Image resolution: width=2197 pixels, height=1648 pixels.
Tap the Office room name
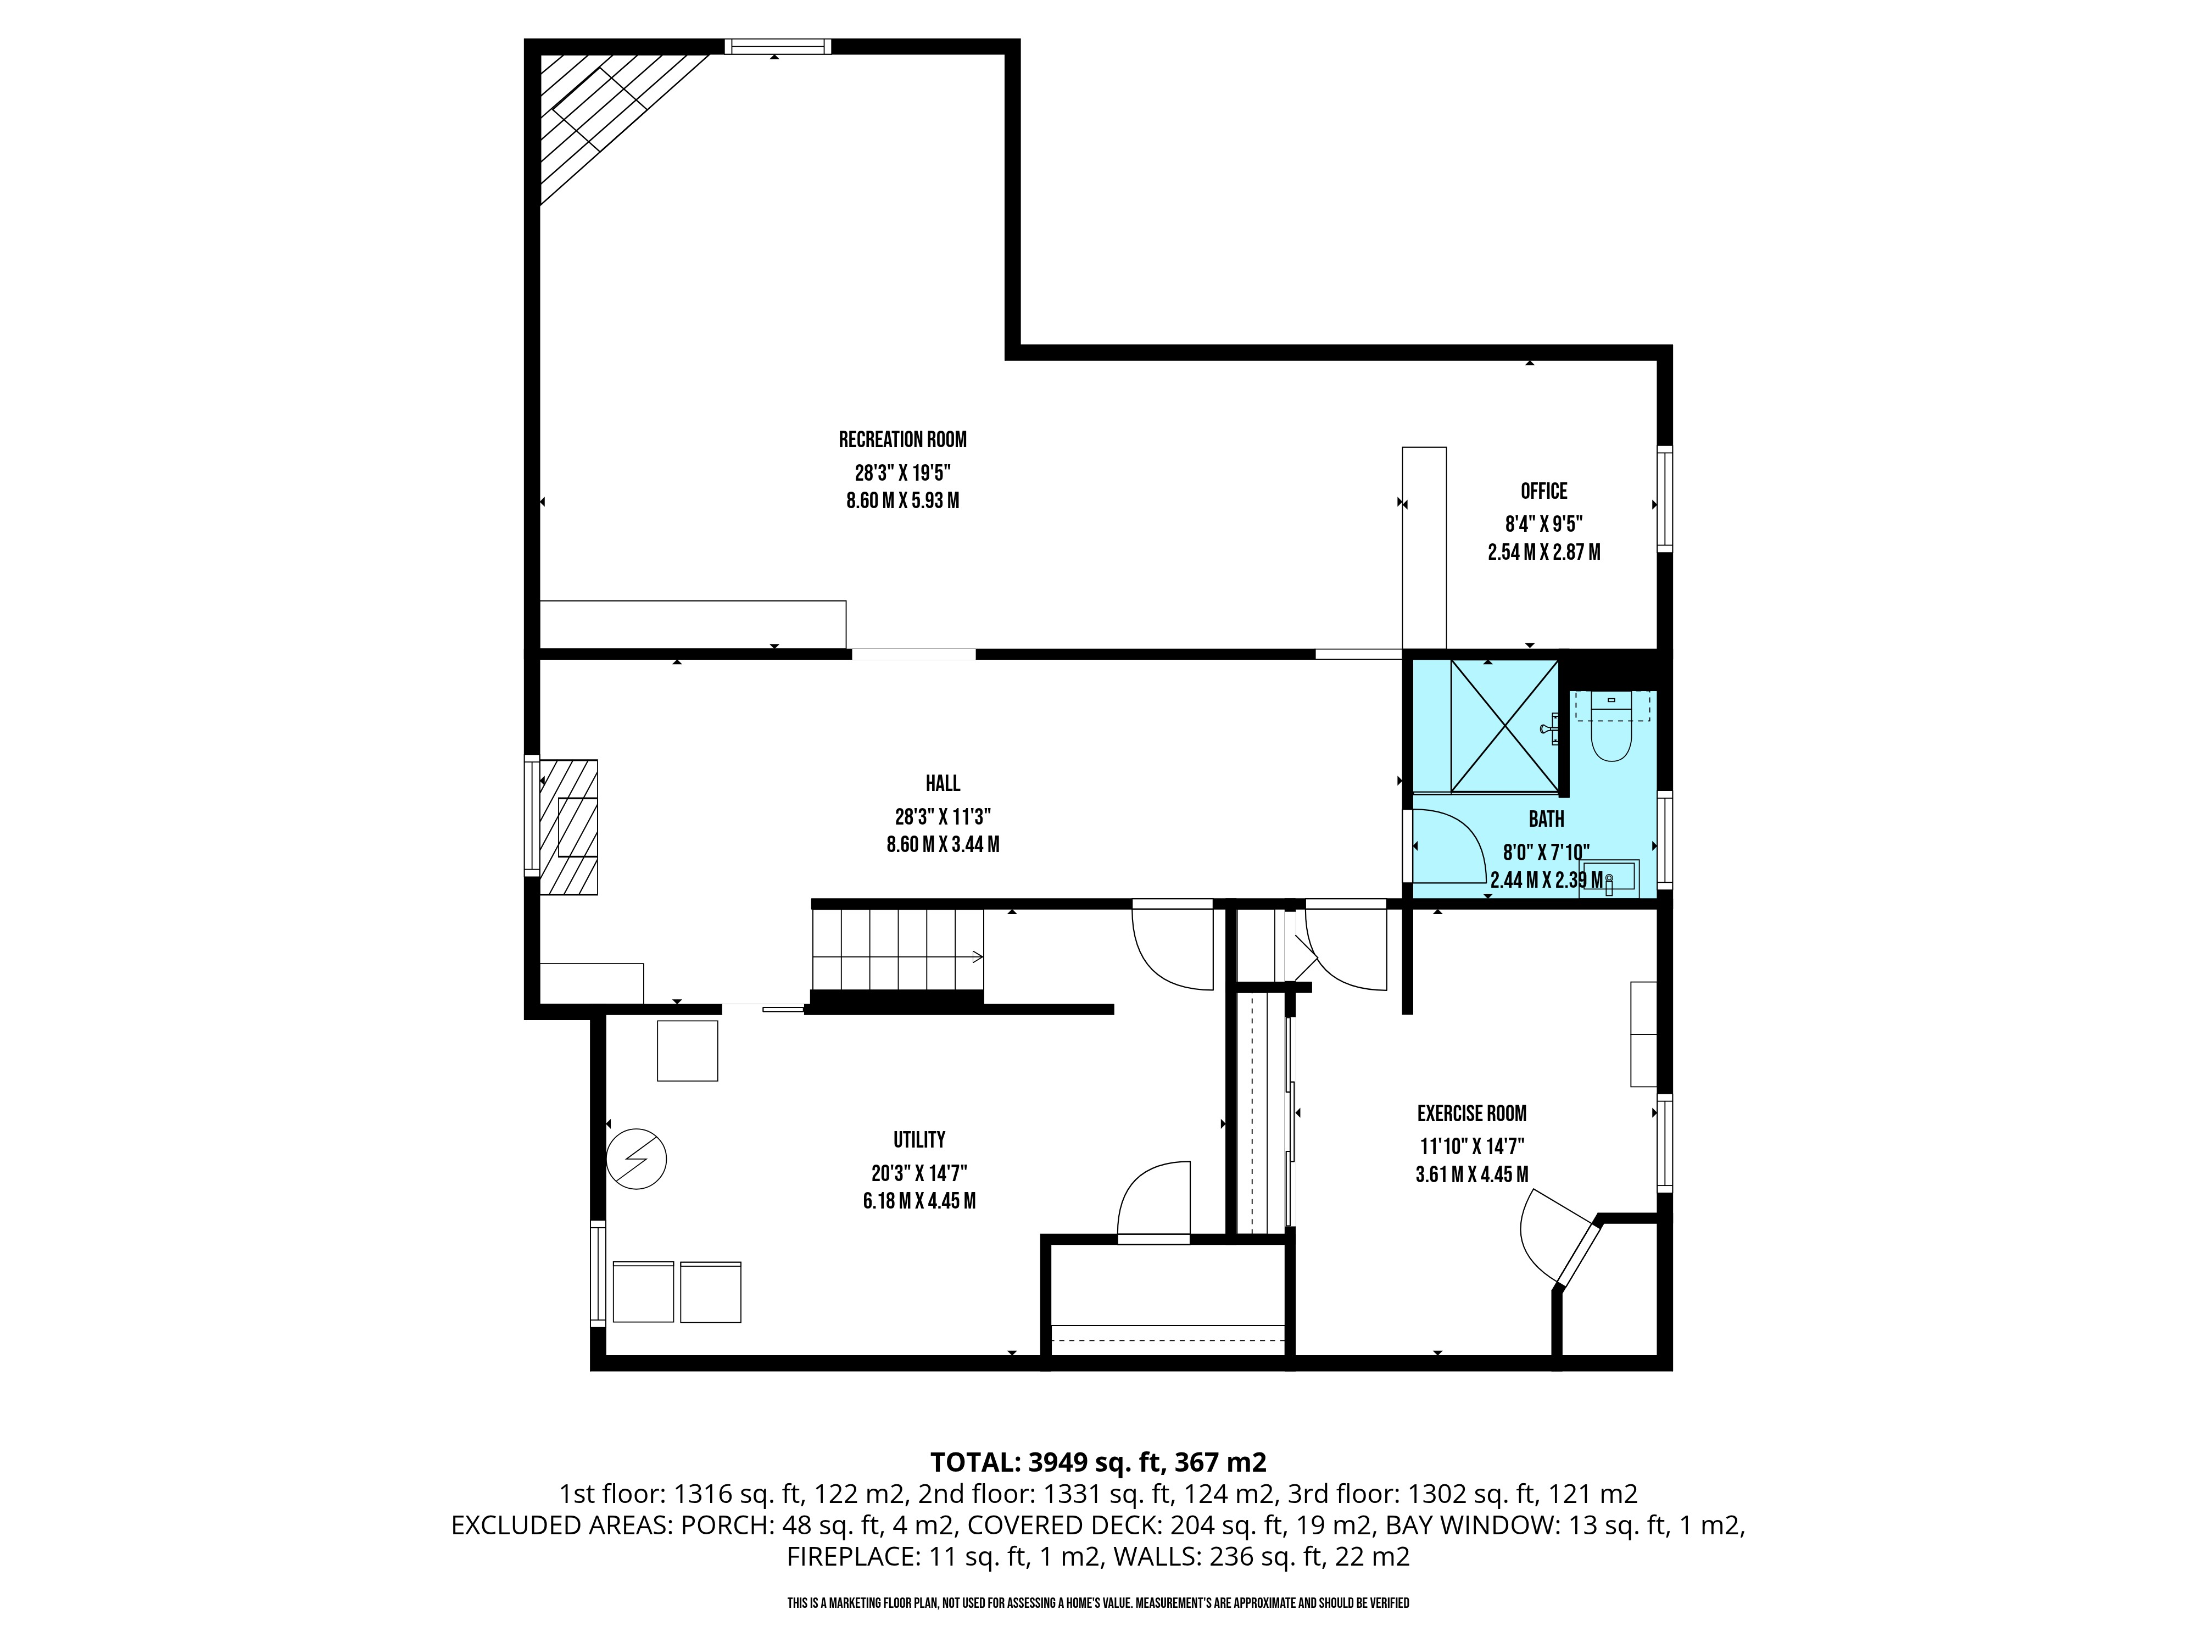pyautogui.click(x=1543, y=491)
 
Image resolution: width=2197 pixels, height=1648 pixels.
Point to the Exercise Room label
pyautogui.click(x=1471, y=1113)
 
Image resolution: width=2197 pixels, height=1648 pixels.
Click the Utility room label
pyautogui.click(x=919, y=1139)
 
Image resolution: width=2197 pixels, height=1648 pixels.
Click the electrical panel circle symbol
pyautogui.click(x=637, y=1158)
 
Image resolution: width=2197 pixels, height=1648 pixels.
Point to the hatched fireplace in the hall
pyautogui.click(x=568, y=827)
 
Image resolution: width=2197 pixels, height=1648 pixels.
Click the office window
pyautogui.click(x=1665, y=499)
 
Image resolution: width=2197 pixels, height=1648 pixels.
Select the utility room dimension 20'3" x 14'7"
pyautogui.click(x=919, y=1173)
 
